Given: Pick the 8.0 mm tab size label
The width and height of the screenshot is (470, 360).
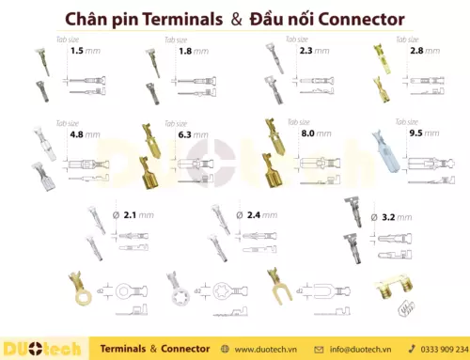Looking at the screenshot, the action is (x=314, y=133).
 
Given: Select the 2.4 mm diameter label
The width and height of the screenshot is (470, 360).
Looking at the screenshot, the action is (x=258, y=215).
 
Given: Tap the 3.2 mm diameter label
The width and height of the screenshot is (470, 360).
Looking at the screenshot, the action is (x=393, y=216).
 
